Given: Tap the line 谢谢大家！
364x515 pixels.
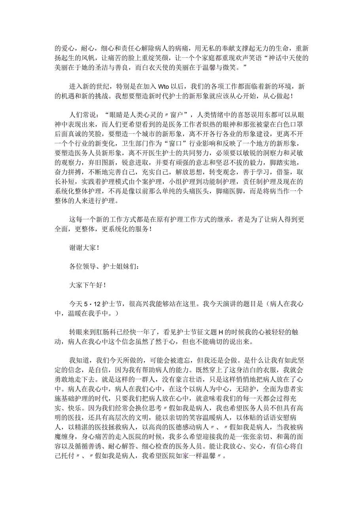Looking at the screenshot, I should (84, 247).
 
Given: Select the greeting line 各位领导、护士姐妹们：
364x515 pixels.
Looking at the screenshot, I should (104, 266).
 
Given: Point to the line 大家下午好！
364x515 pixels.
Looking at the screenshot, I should (87, 285).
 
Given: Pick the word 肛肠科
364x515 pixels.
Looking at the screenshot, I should (113, 332).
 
